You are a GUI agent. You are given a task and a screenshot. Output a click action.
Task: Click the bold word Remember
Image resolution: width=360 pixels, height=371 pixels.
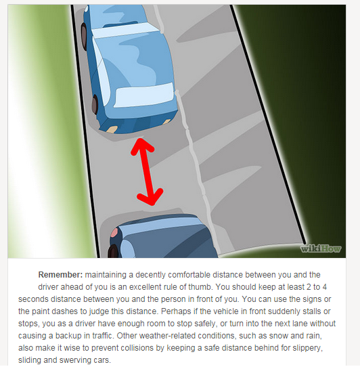60,275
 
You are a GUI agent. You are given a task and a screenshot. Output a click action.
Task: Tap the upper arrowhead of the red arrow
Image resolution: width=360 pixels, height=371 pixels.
142,146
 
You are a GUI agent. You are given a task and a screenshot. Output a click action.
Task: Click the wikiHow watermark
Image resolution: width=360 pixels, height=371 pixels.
321,248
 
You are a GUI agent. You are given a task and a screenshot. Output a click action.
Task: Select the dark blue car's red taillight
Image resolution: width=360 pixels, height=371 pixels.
114,232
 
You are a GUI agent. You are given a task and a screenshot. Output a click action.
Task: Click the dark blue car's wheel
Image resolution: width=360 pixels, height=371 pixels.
113,251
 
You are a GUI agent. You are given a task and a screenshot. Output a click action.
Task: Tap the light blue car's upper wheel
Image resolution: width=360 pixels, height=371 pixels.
84,36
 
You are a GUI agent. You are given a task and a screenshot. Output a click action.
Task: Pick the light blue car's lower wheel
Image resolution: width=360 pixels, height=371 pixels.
95,104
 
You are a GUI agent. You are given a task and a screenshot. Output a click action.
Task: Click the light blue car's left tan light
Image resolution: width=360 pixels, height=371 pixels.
112,129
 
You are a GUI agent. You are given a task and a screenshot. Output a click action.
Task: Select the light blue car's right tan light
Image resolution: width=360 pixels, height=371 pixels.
167,121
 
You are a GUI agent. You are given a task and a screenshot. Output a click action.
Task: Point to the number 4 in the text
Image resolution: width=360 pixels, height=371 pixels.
325,287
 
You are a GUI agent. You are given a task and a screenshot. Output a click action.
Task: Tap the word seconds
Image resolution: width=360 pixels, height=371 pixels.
33,299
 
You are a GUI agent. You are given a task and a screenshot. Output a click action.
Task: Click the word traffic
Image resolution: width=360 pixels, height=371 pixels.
102,336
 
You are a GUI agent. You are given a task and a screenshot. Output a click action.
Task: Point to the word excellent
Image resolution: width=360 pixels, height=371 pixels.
145,287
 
